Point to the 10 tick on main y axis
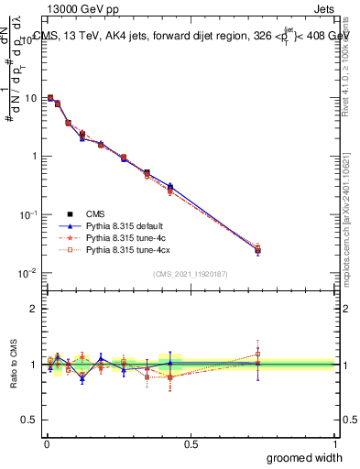29,97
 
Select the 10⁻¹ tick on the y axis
27,214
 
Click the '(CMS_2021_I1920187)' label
190,275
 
